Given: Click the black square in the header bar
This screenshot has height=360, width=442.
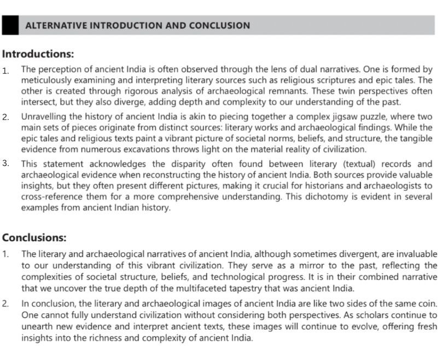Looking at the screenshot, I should click(9, 25).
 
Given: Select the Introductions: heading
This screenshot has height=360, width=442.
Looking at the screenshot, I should click(38, 54).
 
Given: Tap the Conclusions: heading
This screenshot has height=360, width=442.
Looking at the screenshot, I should click(34, 238).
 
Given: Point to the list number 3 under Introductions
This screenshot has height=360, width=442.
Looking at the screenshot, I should click(5, 163).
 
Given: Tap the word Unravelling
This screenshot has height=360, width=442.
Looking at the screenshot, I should click(45, 117).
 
